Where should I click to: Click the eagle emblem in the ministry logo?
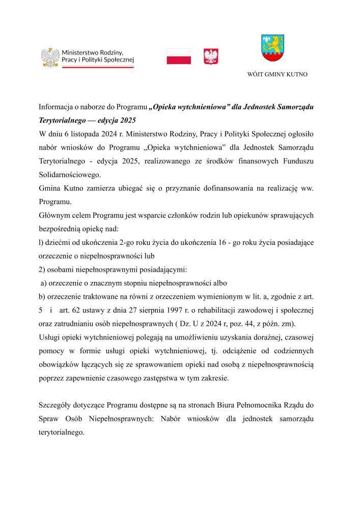click(50, 57)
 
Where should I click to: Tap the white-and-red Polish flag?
click(179, 56)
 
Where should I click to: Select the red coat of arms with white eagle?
click(211, 56)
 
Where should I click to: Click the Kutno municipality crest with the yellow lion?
click(272, 47)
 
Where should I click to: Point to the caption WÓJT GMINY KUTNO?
click(277, 74)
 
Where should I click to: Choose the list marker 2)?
click(43, 269)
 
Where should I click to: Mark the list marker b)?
click(43, 296)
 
